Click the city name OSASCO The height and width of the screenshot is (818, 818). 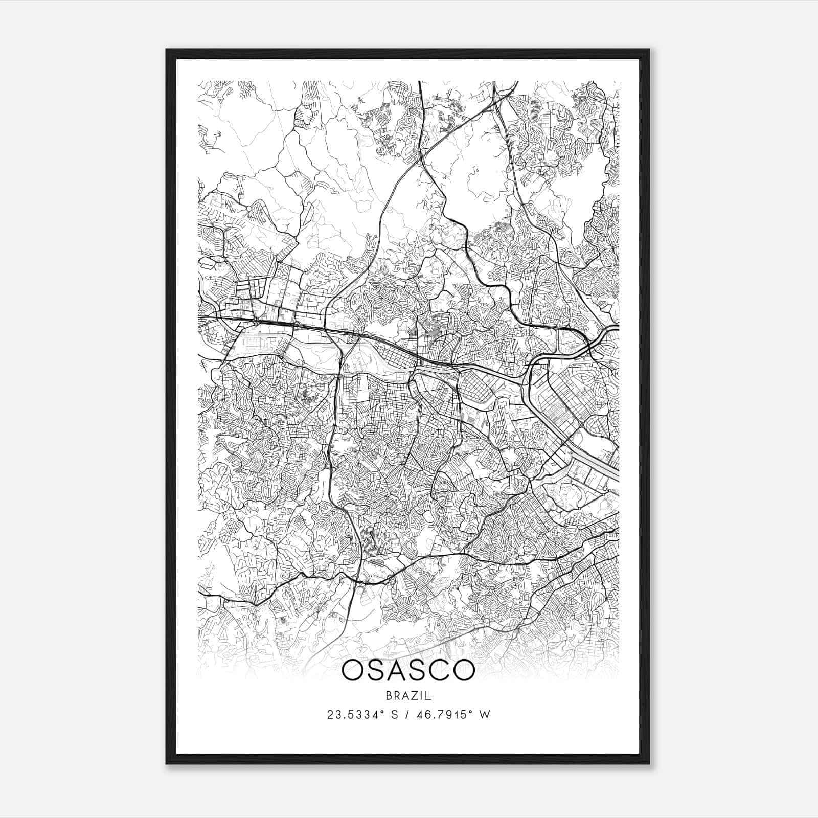coord(408,670)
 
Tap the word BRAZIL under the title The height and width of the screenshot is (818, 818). coord(408,696)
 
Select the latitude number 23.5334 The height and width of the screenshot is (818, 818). coord(352,715)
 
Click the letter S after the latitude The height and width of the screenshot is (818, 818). coord(395,715)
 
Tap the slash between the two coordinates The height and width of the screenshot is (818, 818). coord(409,715)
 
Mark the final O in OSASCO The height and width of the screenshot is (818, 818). coord(464,670)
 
